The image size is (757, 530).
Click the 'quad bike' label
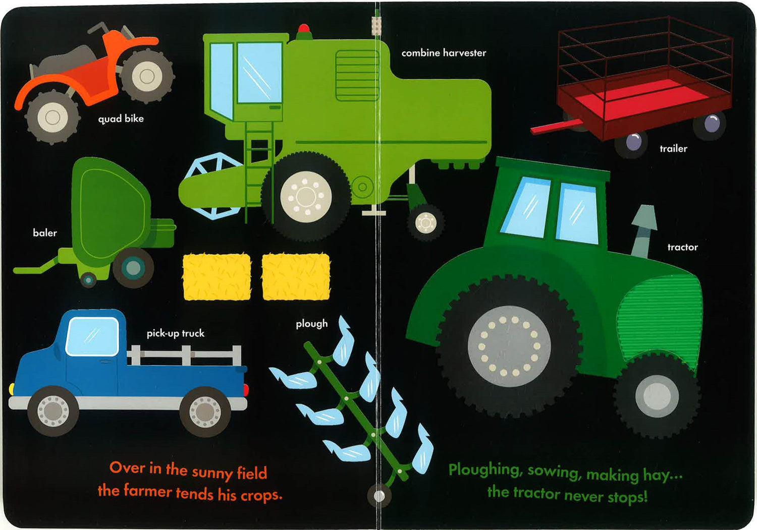(x=121, y=119)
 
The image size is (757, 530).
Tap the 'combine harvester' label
(x=444, y=53)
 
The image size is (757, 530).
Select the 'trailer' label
(x=674, y=149)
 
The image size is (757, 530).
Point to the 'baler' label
(x=45, y=233)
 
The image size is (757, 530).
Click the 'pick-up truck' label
(x=176, y=333)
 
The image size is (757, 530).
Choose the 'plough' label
(x=311, y=324)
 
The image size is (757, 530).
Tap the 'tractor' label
(x=682, y=247)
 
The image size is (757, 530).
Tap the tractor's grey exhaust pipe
(x=643, y=231)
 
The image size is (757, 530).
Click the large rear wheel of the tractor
(x=509, y=346)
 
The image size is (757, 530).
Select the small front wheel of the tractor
(x=657, y=395)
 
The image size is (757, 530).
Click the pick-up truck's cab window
(x=92, y=337)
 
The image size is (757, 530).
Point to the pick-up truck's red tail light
(x=246, y=390)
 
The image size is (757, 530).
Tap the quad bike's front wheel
(x=52, y=117)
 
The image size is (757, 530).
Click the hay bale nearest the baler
(x=217, y=277)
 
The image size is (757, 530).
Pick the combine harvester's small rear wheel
(x=426, y=222)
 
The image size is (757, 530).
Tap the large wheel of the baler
(x=133, y=268)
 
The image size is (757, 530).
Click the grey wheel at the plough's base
(x=379, y=496)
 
